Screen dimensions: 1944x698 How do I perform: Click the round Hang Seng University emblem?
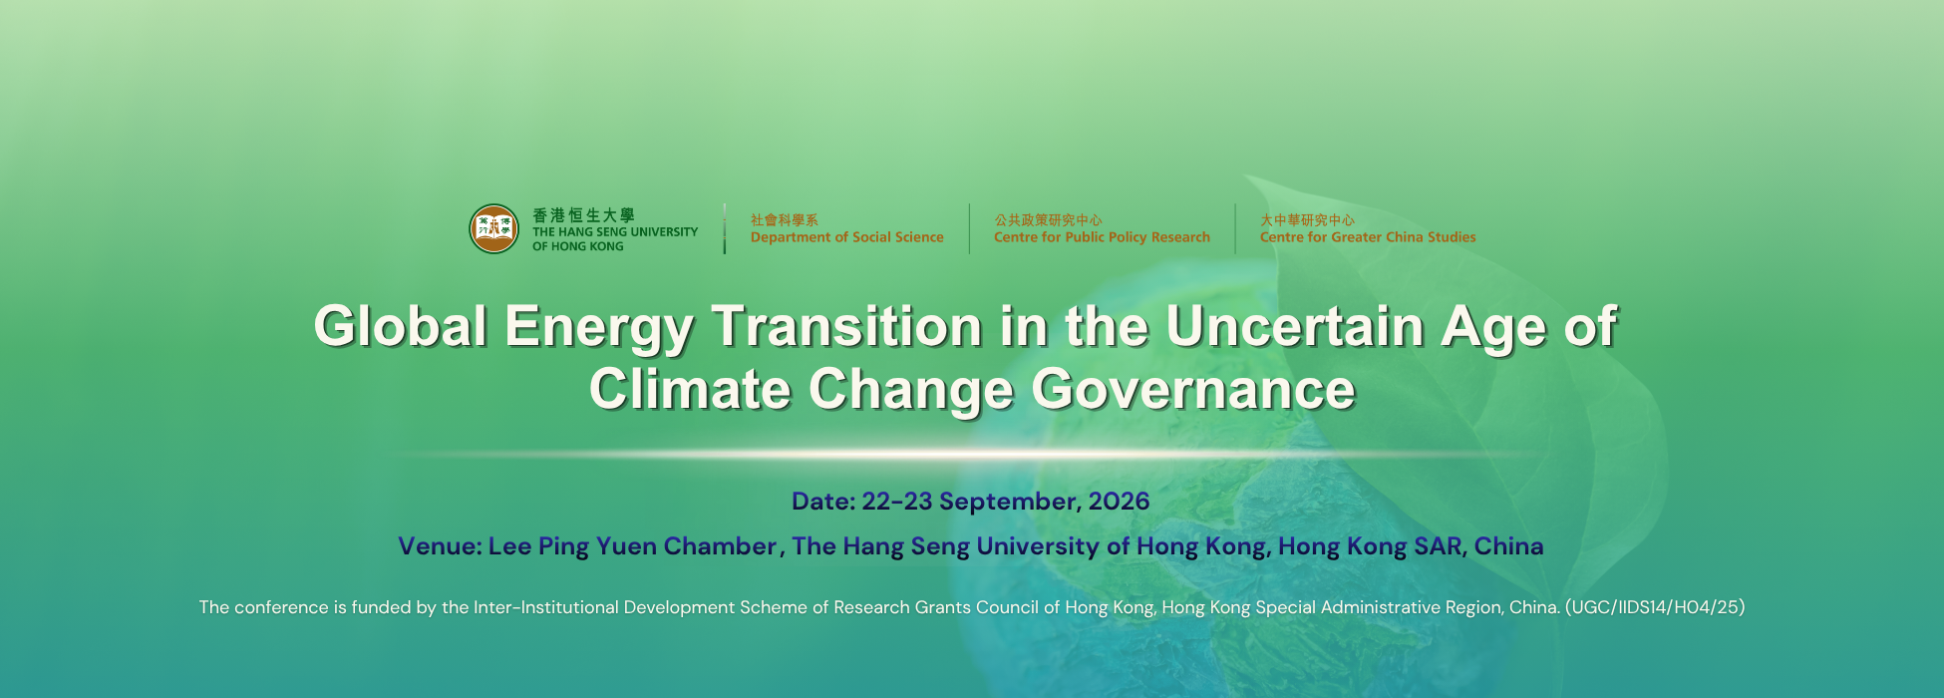pos(494,228)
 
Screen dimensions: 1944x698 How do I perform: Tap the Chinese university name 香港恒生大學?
pos(583,215)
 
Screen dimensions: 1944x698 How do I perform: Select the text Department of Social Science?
pos(846,237)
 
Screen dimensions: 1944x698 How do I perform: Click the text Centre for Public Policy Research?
pos(1102,237)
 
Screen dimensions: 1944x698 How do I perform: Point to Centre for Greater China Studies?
pos(1368,237)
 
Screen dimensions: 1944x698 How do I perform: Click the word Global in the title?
pos(401,326)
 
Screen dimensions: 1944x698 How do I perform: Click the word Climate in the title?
pos(690,389)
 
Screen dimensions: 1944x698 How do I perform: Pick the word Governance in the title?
pos(1193,389)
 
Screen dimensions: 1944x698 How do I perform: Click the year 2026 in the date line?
pos(1119,501)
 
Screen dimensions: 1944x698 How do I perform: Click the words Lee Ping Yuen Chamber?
pos(632,546)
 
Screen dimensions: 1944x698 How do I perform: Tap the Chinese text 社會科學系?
pos(785,220)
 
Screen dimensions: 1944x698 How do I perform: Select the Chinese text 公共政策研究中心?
pos(1048,220)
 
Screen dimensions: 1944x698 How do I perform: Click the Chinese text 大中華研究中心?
pos(1307,220)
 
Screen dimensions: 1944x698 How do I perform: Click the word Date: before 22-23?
pos(823,501)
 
